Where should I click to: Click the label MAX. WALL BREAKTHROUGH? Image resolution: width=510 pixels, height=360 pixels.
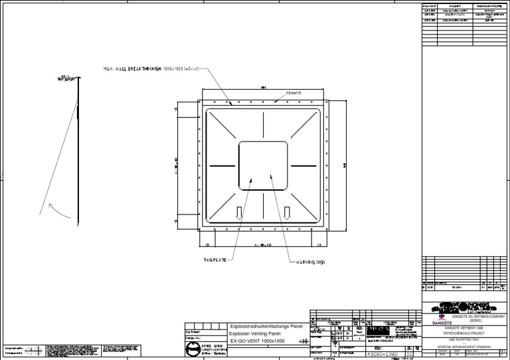point(132,68)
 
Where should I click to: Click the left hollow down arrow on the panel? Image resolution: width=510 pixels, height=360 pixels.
point(239,213)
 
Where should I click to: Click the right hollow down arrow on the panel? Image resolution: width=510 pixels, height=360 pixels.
point(287,213)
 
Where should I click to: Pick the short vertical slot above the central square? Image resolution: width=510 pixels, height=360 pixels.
point(264,125)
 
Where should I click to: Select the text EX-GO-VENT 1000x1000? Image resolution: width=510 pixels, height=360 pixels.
point(258,341)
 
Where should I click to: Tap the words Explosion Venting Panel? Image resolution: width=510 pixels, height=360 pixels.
point(254,333)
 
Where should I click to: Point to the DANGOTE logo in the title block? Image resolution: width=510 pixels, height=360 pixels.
point(436,323)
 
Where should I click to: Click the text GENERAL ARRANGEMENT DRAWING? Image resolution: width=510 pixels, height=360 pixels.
point(464,345)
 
